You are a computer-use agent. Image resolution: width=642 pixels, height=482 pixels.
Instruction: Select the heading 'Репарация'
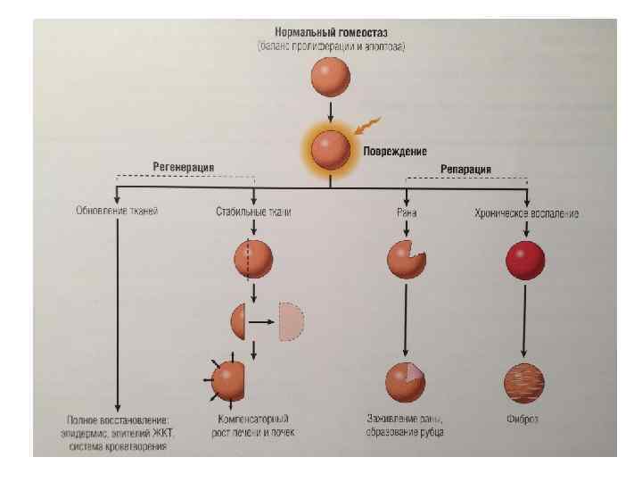click(x=466, y=169)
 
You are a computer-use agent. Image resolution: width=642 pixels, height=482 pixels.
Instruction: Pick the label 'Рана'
click(x=407, y=213)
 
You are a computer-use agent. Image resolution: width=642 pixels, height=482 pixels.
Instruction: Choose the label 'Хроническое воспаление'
click(x=527, y=213)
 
